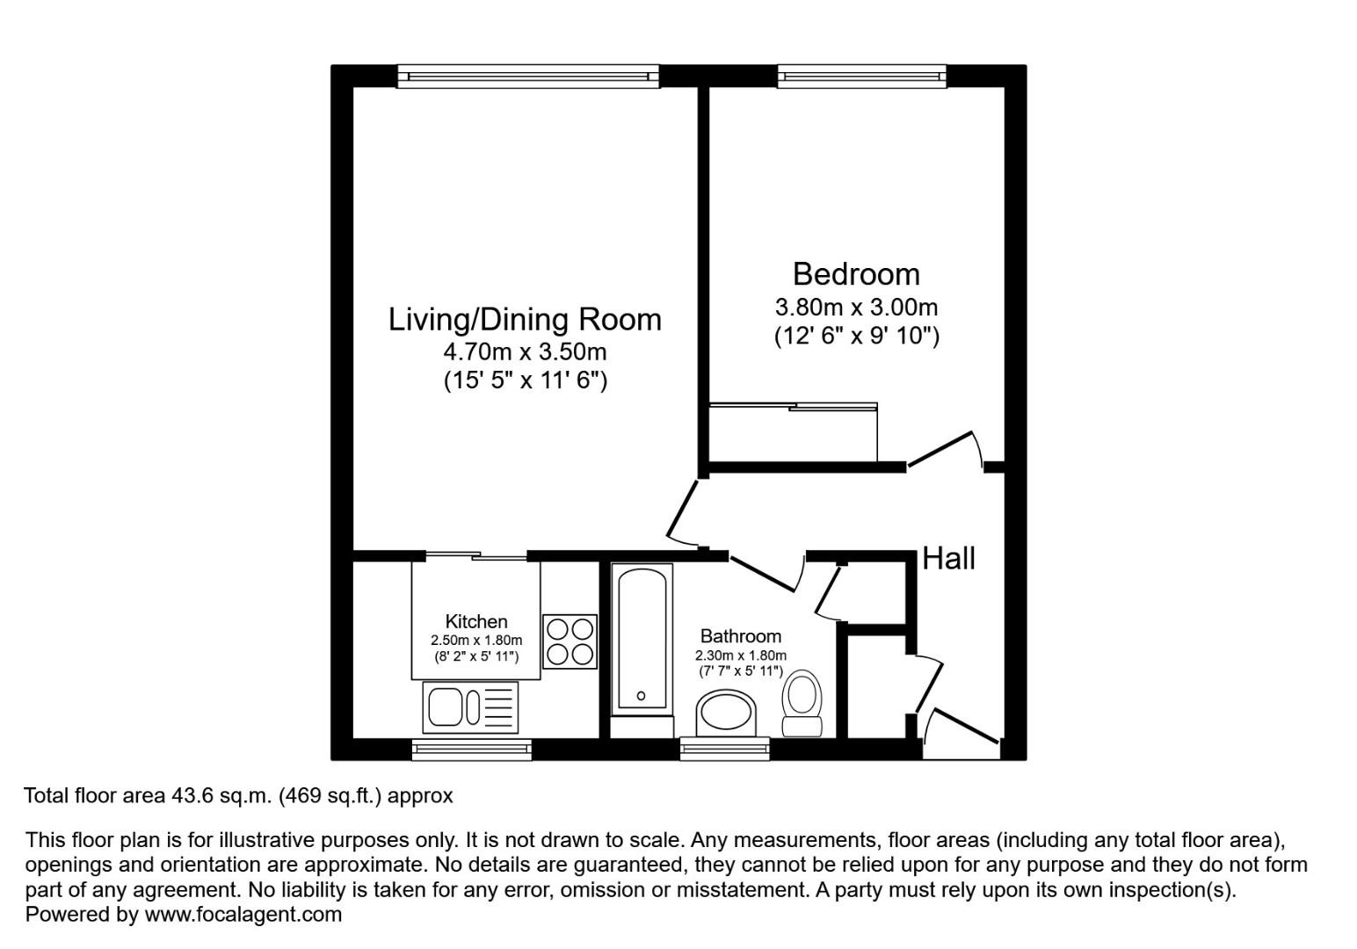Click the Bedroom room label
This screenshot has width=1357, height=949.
click(856, 274)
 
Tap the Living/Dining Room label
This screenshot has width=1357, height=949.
click(525, 319)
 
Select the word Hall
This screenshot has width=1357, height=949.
click(948, 558)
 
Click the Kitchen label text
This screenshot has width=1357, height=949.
click(476, 621)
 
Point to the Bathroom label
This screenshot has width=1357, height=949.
click(740, 636)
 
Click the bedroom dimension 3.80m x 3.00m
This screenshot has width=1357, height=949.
click(856, 308)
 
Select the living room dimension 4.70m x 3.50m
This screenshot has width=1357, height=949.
click(525, 351)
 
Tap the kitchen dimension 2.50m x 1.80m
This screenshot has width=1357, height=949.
click(476, 641)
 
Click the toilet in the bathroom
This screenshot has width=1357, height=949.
click(802, 703)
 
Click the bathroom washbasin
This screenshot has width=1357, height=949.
click(726, 713)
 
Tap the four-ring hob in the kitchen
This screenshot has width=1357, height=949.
click(570, 641)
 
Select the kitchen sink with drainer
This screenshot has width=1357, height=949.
click(470, 706)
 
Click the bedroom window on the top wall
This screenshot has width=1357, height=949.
click(861, 76)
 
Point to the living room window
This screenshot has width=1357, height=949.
click(527, 76)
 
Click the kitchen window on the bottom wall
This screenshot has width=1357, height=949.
click(471, 750)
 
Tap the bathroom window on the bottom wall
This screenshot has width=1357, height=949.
click(724, 749)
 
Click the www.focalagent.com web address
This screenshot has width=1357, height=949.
click(243, 914)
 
